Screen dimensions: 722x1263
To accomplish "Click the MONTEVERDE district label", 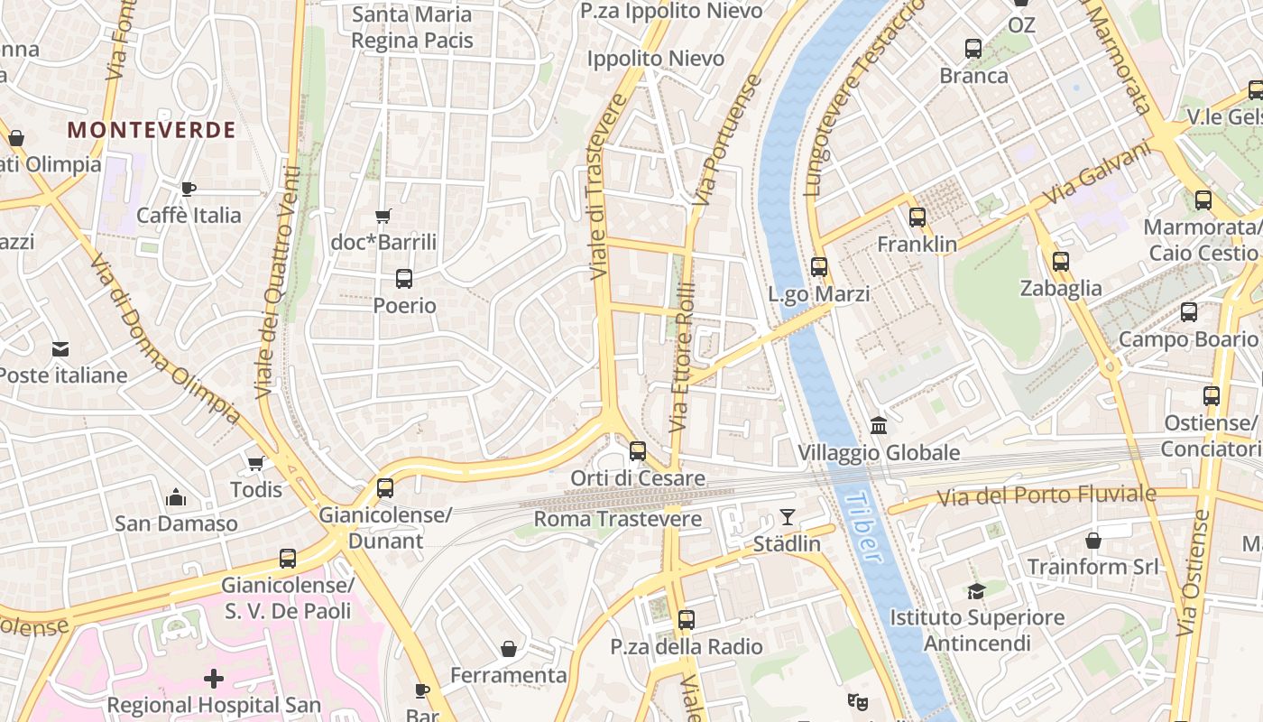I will [x=152, y=130].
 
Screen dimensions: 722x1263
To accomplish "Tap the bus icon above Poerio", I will [x=404, y=279].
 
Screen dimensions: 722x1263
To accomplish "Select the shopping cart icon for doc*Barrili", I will [x=383, y=216].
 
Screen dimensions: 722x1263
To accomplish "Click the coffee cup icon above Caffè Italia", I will [x=188, y=189].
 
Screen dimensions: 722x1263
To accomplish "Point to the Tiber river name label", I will [x=864, y=527].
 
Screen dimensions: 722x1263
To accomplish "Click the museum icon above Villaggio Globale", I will [x=878, y=424].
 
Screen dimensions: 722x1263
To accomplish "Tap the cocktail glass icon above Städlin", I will [x=788, y=517].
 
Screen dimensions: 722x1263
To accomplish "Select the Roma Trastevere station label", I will [x=618, y=519].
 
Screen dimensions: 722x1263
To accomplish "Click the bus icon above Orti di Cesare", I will [x=638, y=450].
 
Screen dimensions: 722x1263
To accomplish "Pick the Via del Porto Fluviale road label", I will [x=1046, y=495].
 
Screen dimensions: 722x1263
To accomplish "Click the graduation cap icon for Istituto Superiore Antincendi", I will [x=976, y=591].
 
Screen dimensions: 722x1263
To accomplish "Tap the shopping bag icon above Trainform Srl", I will [x=1093, y=541].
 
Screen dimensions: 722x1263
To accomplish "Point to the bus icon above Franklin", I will [x=917, y=218].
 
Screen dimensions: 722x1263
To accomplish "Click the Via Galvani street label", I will [x=1099, y=173].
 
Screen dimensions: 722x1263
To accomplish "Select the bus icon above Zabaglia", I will [x=1061, y=262].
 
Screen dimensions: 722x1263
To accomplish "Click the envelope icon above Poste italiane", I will [x=60, y=348].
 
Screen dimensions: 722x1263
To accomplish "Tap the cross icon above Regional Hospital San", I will [x=214, y=678].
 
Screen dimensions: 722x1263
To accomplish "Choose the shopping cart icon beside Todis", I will [x=255, y=464].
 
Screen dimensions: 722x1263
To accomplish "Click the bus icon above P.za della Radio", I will [x=687, y=620].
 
